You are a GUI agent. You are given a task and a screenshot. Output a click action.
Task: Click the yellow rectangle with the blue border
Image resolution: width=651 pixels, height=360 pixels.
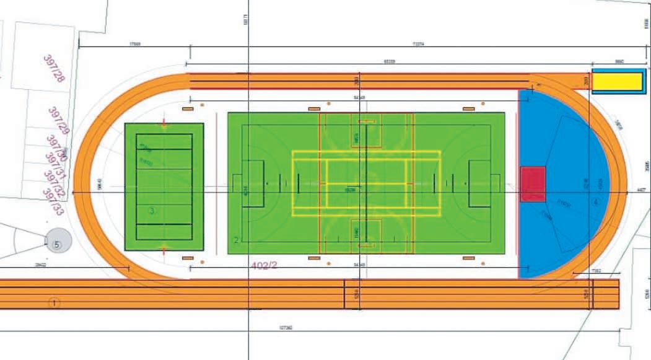coord(618,81)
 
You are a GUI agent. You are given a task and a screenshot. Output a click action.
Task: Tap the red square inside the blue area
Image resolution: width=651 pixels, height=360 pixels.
coord(533,184)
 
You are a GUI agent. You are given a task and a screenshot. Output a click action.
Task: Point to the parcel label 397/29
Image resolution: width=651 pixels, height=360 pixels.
coord(58,120)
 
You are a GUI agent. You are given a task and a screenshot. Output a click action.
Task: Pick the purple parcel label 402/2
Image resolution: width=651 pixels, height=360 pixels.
coord(264,265)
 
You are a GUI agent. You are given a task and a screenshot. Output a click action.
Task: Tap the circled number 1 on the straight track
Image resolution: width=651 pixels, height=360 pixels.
coord(55,303)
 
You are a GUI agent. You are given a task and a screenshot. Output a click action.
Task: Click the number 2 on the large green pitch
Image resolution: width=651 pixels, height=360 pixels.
coord(236,240)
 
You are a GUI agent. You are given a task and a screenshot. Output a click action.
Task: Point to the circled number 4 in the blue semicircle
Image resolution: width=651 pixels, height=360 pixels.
coord(595,202)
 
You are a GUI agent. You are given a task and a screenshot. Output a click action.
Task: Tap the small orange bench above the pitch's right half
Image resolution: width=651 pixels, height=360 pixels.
coord(468,108)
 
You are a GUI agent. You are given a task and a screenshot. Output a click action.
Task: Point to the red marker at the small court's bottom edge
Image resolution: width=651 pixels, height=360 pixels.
coord(164,249)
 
